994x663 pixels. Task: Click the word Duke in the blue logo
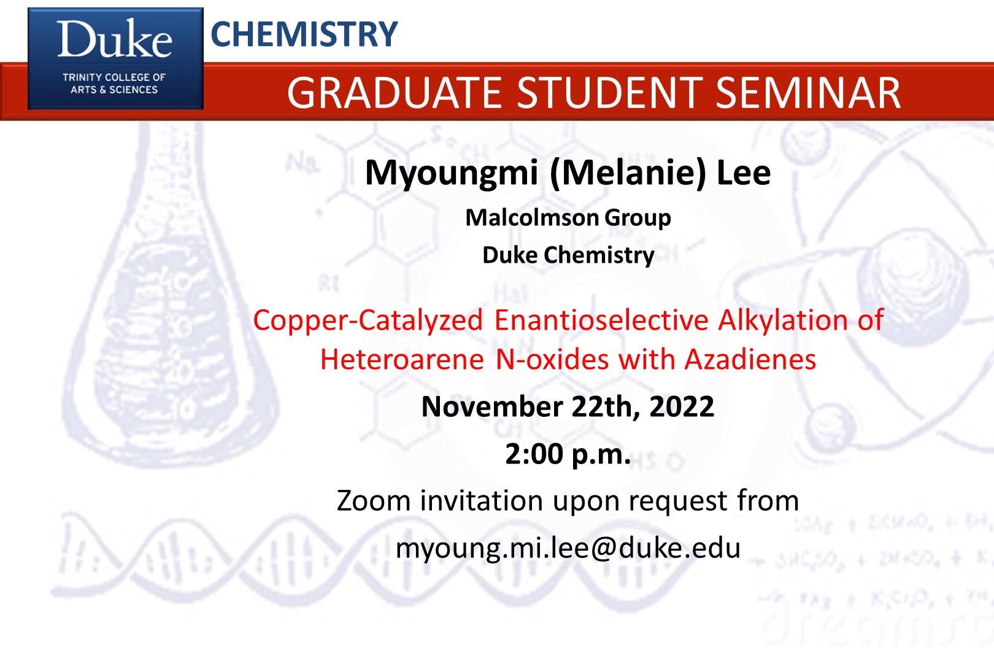point(115,39)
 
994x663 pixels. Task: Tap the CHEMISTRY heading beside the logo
point(304,34)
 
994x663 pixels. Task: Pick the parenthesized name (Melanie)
point(628,173)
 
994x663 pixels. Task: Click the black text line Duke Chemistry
point(568,255)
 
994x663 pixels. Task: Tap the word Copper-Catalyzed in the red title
point(368,321)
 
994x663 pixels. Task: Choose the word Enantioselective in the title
point(601,320)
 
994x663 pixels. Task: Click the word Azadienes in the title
point(750,359)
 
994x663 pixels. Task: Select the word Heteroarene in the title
point(402,359)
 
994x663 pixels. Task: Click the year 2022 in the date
point(682,406)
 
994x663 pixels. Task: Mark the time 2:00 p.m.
point(568,455)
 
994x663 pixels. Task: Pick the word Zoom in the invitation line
point(374,501)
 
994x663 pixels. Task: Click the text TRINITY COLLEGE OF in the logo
point(114,77)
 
